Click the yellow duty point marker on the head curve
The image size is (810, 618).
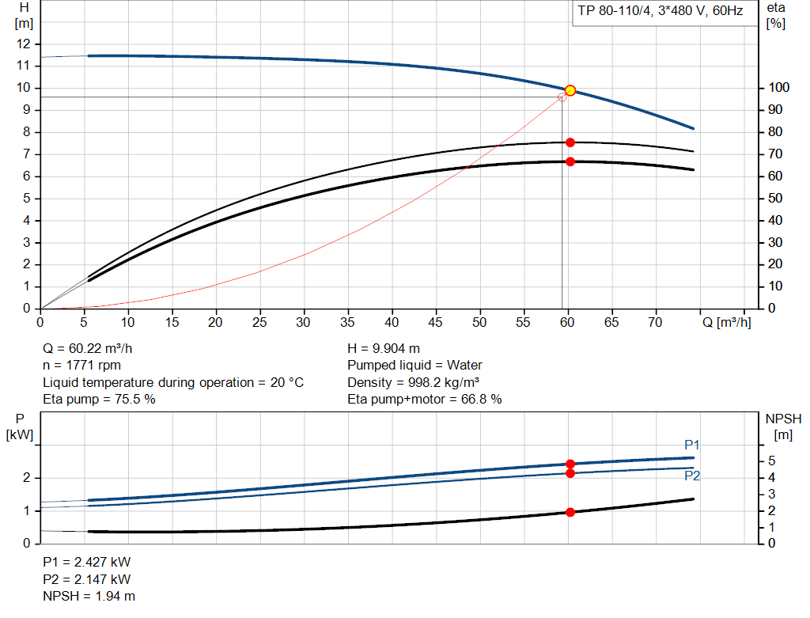pos(570,90)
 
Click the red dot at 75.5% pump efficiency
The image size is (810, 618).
pos(570,142)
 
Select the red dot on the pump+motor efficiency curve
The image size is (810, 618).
pos(570,161)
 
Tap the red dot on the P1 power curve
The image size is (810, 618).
pos(570,464)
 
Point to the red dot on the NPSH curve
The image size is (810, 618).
pos(570,512)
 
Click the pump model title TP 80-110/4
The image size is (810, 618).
pos(660,13)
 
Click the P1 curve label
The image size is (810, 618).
pos(692,445)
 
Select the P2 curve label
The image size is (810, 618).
pos(692,476)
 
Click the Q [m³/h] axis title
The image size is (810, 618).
pos(727,322)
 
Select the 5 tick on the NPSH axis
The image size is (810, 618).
pos(771,461)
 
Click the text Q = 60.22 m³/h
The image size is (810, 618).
pos(93,348)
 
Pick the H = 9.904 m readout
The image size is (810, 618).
pos(384,348)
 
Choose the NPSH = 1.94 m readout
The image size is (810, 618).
pos(89,596)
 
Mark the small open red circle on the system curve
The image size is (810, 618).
pos(562,97)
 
